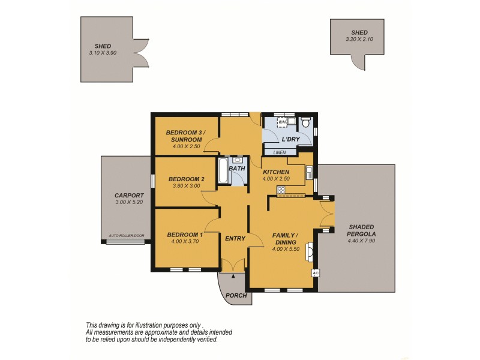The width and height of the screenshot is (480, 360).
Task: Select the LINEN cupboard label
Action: (x=280, y=152)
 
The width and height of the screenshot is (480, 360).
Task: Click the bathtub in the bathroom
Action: (x=222, y=172)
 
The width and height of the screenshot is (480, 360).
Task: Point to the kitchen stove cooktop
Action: (x=281, y=191)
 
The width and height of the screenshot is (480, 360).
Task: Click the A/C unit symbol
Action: (x=316, y=273)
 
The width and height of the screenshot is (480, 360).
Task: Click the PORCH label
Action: (x=236, y=296)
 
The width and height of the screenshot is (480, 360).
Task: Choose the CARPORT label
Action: (x=129, y=196)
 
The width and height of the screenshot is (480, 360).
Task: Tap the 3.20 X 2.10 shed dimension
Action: (x=360, y=39)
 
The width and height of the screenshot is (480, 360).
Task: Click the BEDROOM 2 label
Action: (x=186, y=179)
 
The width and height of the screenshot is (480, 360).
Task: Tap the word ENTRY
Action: (x=235, y=238)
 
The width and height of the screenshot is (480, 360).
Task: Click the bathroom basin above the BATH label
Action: (x=238, y=160)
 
